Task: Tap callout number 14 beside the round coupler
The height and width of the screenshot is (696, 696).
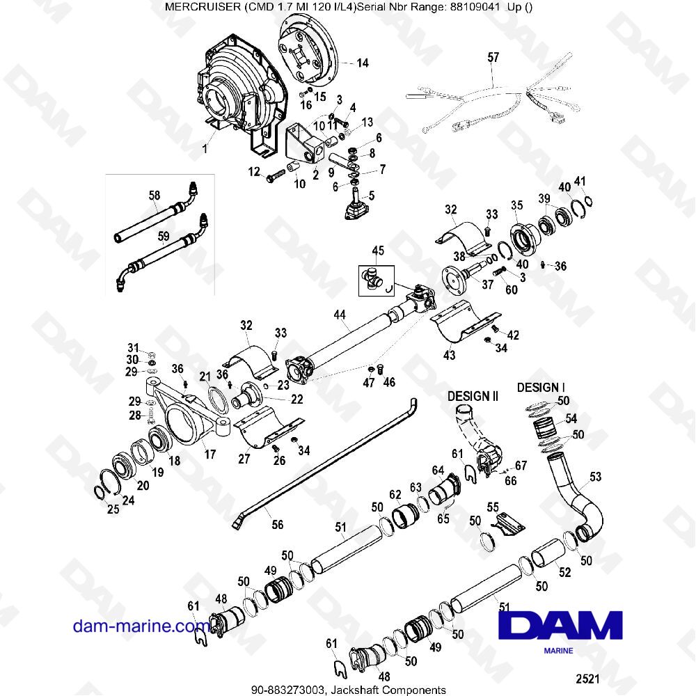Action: pos(363,63)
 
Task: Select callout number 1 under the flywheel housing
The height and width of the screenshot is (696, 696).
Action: pos(205,148)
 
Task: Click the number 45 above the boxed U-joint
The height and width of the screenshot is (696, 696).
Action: pos(378,251)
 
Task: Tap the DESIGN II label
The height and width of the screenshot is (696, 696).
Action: pos(473,396)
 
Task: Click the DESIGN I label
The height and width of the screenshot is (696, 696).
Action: pos(541,387)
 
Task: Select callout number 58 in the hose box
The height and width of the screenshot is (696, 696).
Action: pos(155,196)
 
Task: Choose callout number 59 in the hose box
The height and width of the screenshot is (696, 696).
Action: pos(163,236)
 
